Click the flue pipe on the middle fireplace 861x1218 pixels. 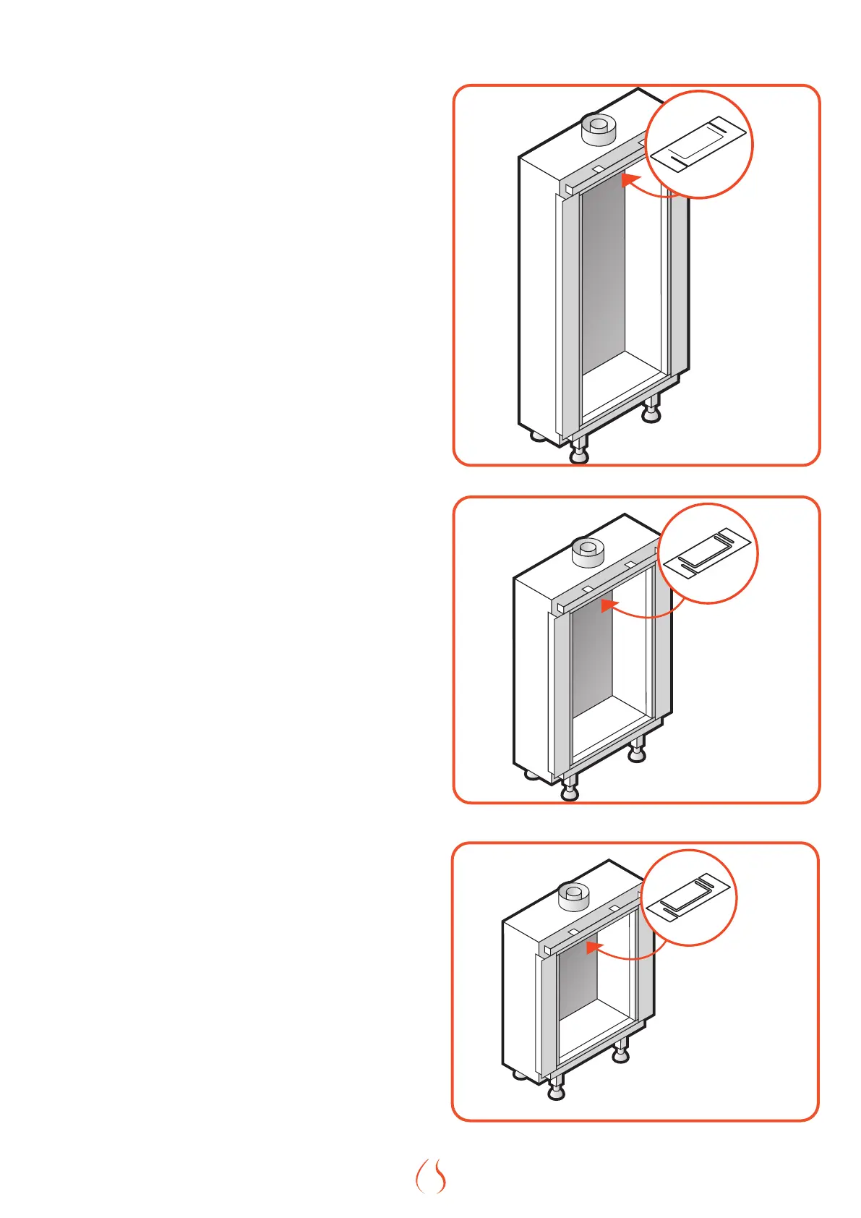[587, 553]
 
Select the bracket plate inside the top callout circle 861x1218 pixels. [698, 145]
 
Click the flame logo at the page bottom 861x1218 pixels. [431, 1176]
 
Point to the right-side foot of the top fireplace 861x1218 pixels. [651, 412]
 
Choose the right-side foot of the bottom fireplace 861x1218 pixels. [620, 1054]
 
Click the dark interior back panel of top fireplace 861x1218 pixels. [604, 282]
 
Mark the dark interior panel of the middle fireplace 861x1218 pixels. [592, 658]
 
